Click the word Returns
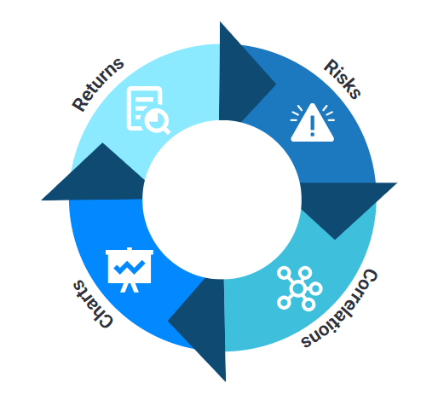click(98, 84)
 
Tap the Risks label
click(343, 78)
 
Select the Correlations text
click(339, 308)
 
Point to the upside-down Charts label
click(93, 304)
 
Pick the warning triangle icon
click(312, 123)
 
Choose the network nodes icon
click(299, 288)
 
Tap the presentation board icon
click(130, 270)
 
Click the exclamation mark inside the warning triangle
click(313, 125)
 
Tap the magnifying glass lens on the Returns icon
click(155, 119)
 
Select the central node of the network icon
click(298, 288)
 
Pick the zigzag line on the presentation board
click(130, 267)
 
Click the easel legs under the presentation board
click(130, 287)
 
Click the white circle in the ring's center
click(222, 200)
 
